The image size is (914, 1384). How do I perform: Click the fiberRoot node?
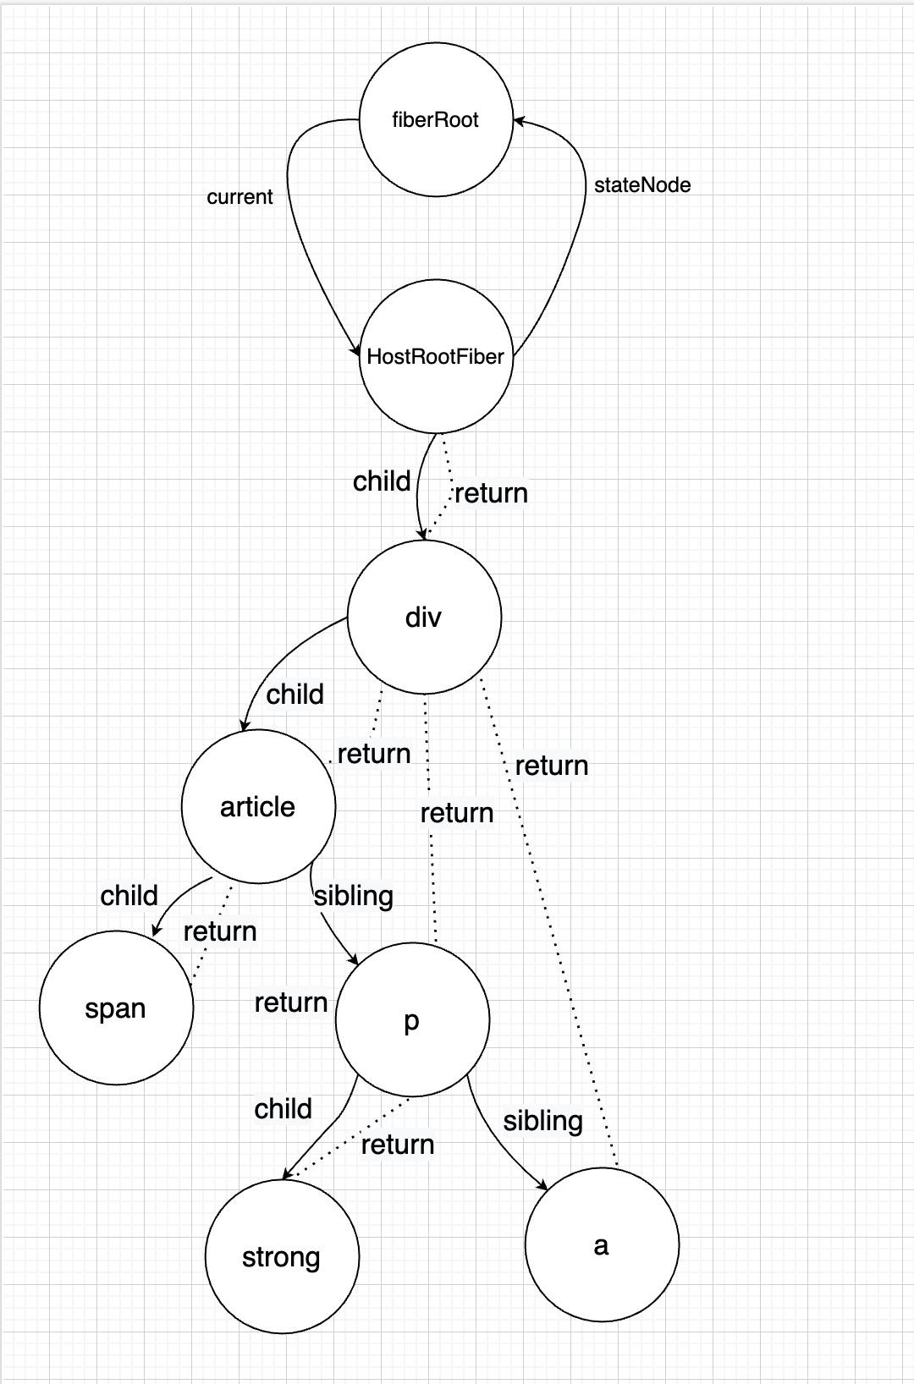click(436, 119)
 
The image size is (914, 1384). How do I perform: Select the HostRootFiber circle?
click(436, 356)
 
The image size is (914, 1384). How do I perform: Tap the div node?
click(424, 617)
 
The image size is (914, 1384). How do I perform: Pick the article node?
click(258, 806)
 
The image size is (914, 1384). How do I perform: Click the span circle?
click(116, 1008)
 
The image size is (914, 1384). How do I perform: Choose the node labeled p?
click(412, 1020)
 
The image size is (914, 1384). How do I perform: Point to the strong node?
click(282, 1257)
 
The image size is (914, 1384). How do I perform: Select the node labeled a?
click(602, 1245)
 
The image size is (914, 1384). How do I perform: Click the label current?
click(240, 197)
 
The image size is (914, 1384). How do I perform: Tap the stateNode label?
click(642, 185)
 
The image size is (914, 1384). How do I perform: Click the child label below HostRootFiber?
click(382, 481)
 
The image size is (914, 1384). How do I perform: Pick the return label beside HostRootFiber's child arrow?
click(491, 493)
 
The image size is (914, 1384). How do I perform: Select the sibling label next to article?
click(354, 896)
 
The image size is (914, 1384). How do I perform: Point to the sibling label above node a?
click(542, 1121)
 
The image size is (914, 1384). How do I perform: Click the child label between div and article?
click(295, 695)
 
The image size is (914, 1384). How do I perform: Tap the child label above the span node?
click(129, 896)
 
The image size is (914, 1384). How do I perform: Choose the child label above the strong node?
click(284, 1109)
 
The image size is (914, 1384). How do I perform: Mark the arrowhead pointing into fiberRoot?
click(518, 121)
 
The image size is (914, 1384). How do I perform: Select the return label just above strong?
click(398, 1145)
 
